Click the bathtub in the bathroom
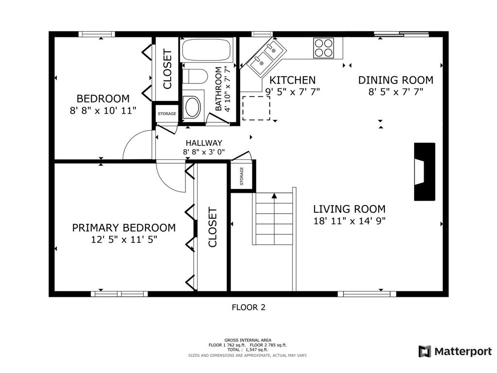[x=207, y=50]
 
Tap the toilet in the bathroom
[x=195, y=76]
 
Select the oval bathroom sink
[x=193, y=107]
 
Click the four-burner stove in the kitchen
[x=324, y=48]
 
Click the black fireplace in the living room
[x=424, y=171]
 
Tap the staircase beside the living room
[x=274, y=219]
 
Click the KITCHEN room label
[x=292, y=80]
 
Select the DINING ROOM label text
[x=396, y=80]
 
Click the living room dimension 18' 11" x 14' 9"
[x=349, y=221]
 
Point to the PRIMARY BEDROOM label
[x=124, y=228]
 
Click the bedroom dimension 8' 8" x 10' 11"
[x=103, y=110]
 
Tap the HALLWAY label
[x=204, y=143]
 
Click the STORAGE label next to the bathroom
[x=167, y=114]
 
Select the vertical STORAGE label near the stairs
[x=242, y=176]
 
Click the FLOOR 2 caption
[x=248, y=307]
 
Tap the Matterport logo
[x=455, y=351]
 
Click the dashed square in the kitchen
[x=256, y=108]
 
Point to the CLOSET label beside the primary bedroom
[x=213, y=227]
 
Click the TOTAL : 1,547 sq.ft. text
[x=248, y=350]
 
